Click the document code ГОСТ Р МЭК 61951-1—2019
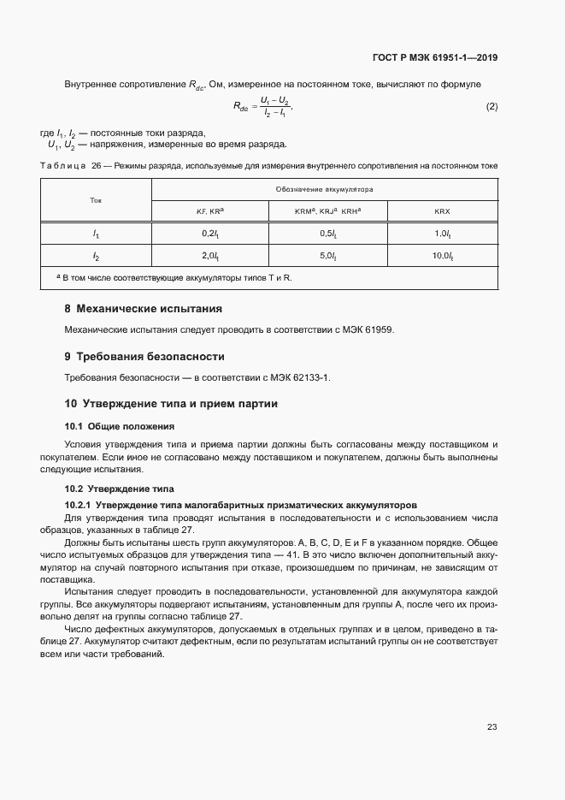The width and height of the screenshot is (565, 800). click(434, 58)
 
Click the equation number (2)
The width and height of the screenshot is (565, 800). click(491, 107)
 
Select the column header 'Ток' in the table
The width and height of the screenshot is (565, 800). click(96, 199)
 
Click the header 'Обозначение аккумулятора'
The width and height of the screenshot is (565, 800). click(324, 188)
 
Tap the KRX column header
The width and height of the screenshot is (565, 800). click(442, 210)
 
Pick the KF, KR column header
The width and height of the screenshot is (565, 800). click(210, 210)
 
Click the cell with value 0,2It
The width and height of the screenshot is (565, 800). click(210, 233)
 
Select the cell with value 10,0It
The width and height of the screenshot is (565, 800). click(442, 256)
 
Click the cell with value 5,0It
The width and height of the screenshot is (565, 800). click(328, 256)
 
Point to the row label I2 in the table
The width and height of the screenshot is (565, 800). click(96, 256)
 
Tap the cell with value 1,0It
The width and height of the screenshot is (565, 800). click(442, 233)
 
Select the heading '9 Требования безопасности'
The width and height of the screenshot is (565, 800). click(144, 356)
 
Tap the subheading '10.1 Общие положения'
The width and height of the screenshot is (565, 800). click(120, 425)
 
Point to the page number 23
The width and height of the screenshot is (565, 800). click(491, 727)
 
